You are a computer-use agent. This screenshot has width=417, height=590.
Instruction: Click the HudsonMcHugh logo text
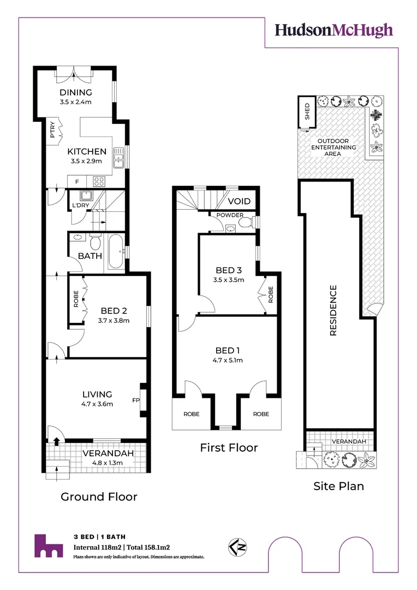pyautogui.click(x=333, y=30)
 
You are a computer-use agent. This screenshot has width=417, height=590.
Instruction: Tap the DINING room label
pyautogui.click(x=76, y=92)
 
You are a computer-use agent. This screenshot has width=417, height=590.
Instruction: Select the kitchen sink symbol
pyautogui.click(x=118, y=158)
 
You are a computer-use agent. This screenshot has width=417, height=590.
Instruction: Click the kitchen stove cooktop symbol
pyautogui.click(x=99, y=181)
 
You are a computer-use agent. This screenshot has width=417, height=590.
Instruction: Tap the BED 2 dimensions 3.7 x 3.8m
pyautogui.click(x=114, y=321)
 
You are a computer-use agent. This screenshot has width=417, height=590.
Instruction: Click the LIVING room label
pyautogui.click(x=97, y=394)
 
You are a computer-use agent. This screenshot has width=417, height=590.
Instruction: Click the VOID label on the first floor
pyautogui.click(x=239, y=201)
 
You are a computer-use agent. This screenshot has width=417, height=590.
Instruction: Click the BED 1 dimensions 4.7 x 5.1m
pyautogui.click(x=227, y=360)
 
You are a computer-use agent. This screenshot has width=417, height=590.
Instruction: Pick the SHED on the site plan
pyautogui.click(x=306, y=111)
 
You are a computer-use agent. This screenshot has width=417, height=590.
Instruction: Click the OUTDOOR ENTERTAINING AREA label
pyautogui.click(x=333, y=147)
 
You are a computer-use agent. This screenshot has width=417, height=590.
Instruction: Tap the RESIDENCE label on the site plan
pyautogui.click(x=332, y=310)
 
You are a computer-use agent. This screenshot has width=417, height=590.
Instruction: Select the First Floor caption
pyautogui.click(x=228, y=447)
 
